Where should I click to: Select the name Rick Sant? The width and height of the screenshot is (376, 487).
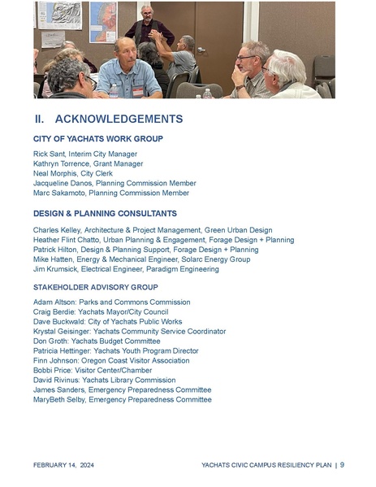click(50, 154)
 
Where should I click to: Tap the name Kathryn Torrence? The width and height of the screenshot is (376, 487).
click(62, 163)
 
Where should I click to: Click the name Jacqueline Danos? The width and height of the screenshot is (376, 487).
click(64, 183)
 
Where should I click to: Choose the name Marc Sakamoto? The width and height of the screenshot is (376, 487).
click(58, 193)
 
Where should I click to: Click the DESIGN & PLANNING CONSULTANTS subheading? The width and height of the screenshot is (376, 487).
click(105, 213)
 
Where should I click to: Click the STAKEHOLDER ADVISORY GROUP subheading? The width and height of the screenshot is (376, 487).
click(95, 287)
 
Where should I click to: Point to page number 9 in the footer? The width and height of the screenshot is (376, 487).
click(342, 465)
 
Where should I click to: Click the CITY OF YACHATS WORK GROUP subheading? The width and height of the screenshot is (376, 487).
click(97, 139)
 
